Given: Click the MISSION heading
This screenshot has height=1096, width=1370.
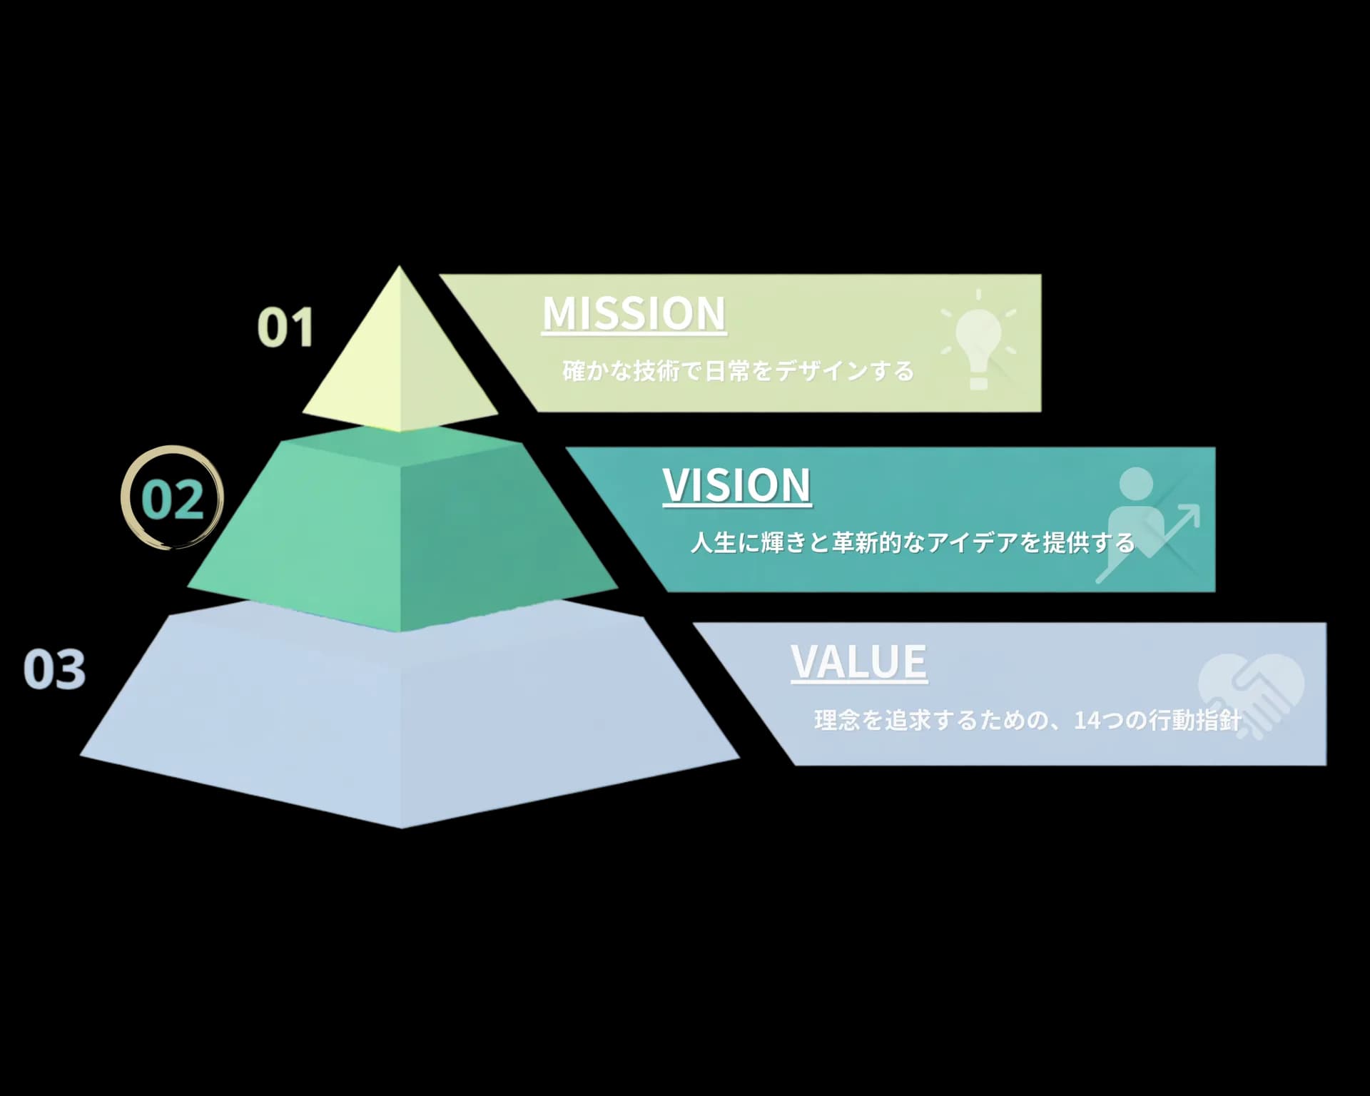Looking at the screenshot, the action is pyautogui.click(x=634, y=314).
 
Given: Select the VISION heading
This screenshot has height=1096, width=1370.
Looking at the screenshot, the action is pyautogui.click(x=737, y=486).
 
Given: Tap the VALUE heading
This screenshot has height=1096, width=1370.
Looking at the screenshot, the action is pyautogui.click(x=859, y=662).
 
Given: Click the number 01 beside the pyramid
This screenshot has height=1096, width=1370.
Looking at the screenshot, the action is pyautogui.click(x=285, y=327).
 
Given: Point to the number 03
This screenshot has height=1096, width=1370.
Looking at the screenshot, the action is pyautogui.click(x=55, y=669).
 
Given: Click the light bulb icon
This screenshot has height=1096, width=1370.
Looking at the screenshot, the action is pyautogui.click(x=978, y=340).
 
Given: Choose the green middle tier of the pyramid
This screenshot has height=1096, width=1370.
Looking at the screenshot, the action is pyautogui.click(x=402, y=532).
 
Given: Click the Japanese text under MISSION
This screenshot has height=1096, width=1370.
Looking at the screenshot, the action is pyautogui.click(x=738, y=371).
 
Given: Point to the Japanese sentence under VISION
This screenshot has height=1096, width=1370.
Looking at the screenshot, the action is pyautogui.click(x=913, y=543).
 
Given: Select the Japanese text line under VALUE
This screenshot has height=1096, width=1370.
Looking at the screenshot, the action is pyautogui.click(x=1028, y=720).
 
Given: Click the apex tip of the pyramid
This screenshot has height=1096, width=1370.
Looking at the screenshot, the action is pyautogui.click(x=400, y=267).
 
